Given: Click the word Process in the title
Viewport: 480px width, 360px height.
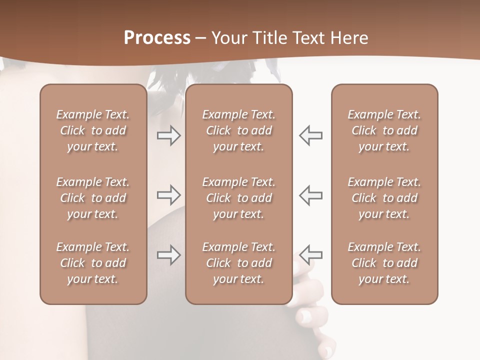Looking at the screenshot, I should (x=157, y=38).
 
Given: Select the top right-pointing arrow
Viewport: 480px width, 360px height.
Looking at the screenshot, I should (x=169, y=135).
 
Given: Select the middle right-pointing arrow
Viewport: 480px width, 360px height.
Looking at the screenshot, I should (x=169, y=195).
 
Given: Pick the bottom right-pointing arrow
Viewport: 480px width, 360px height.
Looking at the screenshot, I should (x=169, y=255).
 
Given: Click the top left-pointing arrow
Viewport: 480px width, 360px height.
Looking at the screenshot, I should (x=310, y=135).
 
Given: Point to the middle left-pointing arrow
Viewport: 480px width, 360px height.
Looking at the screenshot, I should (x=310, y=195).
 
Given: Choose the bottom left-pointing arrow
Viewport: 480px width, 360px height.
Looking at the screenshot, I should (x=310, y=255).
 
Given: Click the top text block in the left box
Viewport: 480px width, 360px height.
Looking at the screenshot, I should (x=93, y=130).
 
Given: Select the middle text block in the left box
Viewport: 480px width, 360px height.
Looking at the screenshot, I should (x=93, y=198).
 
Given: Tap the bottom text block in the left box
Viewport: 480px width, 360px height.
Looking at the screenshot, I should (x=93, y=263).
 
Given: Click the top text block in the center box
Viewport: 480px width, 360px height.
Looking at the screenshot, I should (x=238, y=130).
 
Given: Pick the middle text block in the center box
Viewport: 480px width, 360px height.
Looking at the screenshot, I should (x=238, y=198).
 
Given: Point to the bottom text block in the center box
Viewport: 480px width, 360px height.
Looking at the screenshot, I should (x=238, y=263).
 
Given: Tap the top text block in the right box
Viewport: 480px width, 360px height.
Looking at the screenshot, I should (x=384, y=130).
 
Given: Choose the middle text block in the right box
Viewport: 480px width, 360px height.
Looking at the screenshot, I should (x=384, y=198).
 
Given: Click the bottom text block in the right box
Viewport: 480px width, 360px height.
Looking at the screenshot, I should (x=384, y=263).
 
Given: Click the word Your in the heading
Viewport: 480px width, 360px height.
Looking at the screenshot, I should (x=228, y=38).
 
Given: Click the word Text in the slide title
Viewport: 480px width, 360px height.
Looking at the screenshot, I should (x=306, y=38).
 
